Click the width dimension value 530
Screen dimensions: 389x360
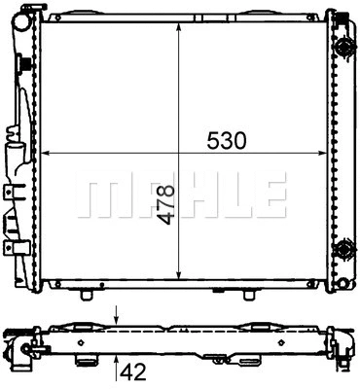point(225,140)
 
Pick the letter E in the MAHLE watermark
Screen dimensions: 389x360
point(268,195)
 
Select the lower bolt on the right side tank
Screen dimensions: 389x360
point(342,251)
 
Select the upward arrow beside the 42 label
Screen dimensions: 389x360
point(117,363)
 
